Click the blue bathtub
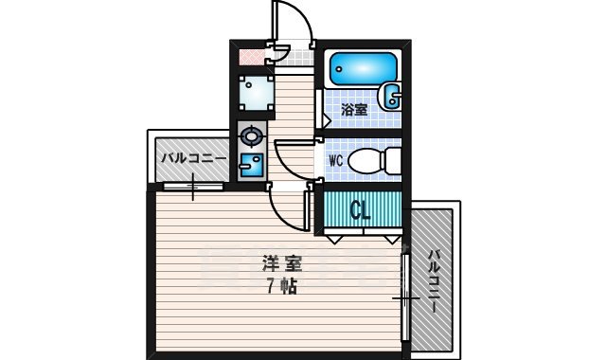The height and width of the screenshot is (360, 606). (364, 68)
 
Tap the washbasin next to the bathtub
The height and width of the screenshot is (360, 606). (390, 95)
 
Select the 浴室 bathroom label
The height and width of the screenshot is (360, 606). (354, 111)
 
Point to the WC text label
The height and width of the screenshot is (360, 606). (334, 161)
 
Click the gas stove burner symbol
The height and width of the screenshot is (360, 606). (251, 135)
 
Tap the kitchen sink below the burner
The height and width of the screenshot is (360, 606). (252, 165)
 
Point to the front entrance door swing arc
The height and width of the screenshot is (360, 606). (291, 21)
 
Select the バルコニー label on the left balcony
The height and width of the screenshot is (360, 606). (192, 158)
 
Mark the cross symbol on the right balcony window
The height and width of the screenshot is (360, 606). (404, 301)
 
